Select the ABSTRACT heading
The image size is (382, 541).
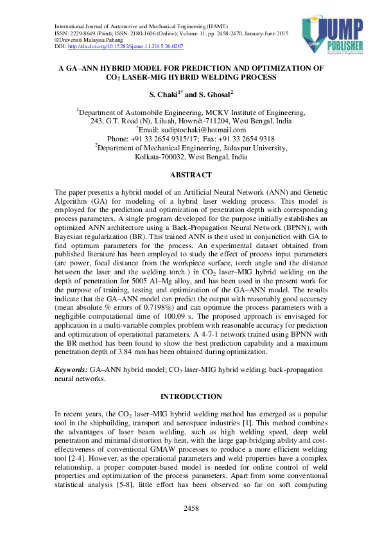191,175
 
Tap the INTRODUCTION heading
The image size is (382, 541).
191,396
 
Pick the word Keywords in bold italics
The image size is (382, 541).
71,371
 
